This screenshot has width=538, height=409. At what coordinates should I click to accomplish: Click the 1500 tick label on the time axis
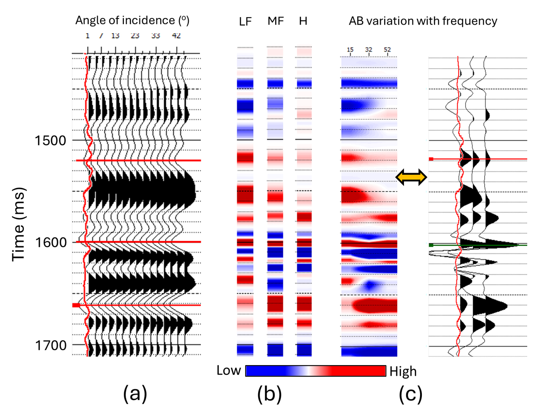tap(51, 141)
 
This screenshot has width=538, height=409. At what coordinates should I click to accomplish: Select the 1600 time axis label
tap(51, 242)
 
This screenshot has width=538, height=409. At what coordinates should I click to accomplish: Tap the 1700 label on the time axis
tap(51, 345)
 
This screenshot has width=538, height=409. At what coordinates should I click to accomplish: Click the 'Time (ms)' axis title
tap(19, 224)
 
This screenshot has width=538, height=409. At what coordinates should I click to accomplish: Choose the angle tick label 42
tap(176, 36)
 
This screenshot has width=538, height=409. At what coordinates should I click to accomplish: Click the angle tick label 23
tap(135, 36)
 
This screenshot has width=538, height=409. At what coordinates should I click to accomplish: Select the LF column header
tap(245, 22)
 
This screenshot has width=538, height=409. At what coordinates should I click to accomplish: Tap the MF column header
tap(275, 21)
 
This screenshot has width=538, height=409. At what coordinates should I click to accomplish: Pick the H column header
tap(303, 21)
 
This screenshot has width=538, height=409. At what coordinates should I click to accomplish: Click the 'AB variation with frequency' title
tap(423, 21)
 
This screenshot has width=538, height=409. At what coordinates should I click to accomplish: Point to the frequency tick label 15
tap(350, 50)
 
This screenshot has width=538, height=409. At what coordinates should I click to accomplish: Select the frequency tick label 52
tap(387, 50)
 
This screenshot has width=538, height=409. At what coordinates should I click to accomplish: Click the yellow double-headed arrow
tap(411, 177)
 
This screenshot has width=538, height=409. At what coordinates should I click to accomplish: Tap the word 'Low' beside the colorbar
tap(229, 370)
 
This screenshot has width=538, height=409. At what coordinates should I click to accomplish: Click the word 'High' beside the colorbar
tap(403, 371)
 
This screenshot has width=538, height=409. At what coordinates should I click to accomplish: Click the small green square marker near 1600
tap(431, 245)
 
